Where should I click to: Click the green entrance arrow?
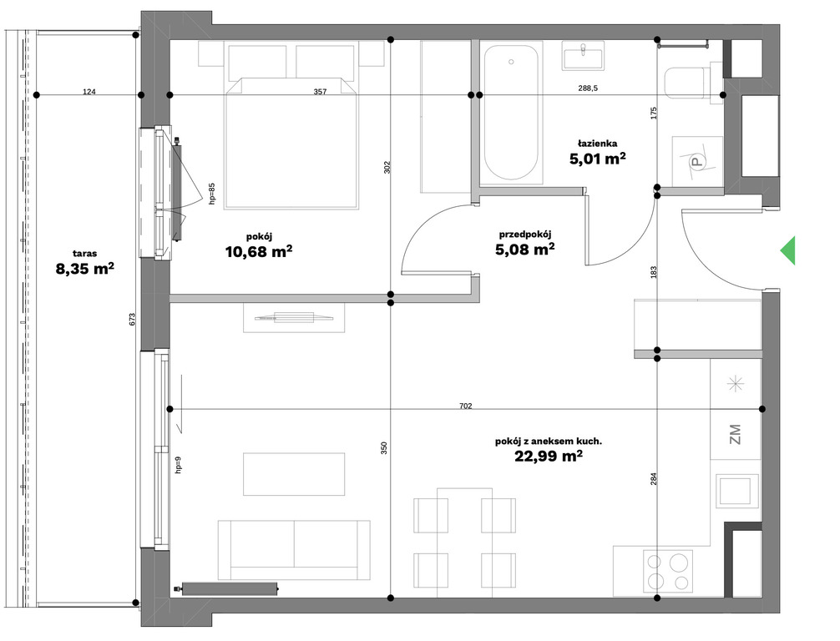[788, 250]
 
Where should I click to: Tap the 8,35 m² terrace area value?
[84, 268]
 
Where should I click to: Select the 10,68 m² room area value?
[259, 250]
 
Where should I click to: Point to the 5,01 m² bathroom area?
[597, 159]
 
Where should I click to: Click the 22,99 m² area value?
[549, 456]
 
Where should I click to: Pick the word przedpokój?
[525, 234]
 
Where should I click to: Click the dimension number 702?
[466, 406]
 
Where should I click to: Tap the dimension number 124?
[89, 92]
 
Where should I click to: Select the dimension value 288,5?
[588, 88]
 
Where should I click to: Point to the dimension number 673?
[133, 319]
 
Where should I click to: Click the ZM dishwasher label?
[735, 434]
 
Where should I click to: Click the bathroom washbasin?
[584, 56]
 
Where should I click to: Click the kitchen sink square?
[737, 491]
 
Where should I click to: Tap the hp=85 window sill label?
[211, 194]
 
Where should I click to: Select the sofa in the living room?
[294, 550]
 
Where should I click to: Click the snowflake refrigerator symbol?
[735, 383]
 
